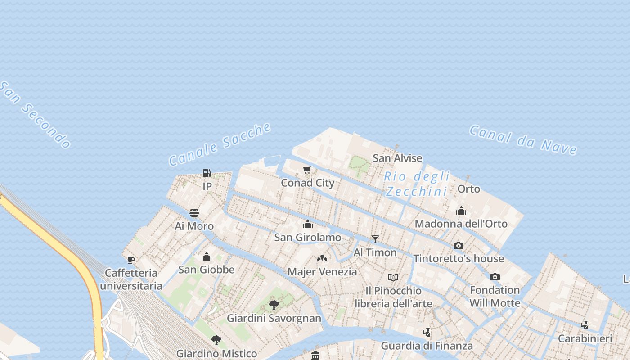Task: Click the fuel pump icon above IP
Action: (207, 173)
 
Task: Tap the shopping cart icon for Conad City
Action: (307, 170)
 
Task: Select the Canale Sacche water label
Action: (220, 144)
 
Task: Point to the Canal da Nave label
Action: (523, 139)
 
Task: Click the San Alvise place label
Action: (397, 158)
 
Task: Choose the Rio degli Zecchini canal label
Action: (417, 184)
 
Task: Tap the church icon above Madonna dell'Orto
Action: (461, 211)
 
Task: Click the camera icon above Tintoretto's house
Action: (459, 245)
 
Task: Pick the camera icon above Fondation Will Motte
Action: (495, 277)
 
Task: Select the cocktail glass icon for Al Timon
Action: (375, 239)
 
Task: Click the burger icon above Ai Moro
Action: (194, 213)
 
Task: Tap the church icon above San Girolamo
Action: (308, 224)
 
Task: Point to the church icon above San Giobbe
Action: (207, 256)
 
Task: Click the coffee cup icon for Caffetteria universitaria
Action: (131, 260)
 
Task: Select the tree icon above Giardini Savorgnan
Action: (274, 305)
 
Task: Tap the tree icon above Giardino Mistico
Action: (216, 340)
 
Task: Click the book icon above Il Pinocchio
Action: (393, 277)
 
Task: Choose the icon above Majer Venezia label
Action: (322, 258)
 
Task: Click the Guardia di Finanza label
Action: (427, 346)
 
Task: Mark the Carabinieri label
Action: (585, 338)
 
